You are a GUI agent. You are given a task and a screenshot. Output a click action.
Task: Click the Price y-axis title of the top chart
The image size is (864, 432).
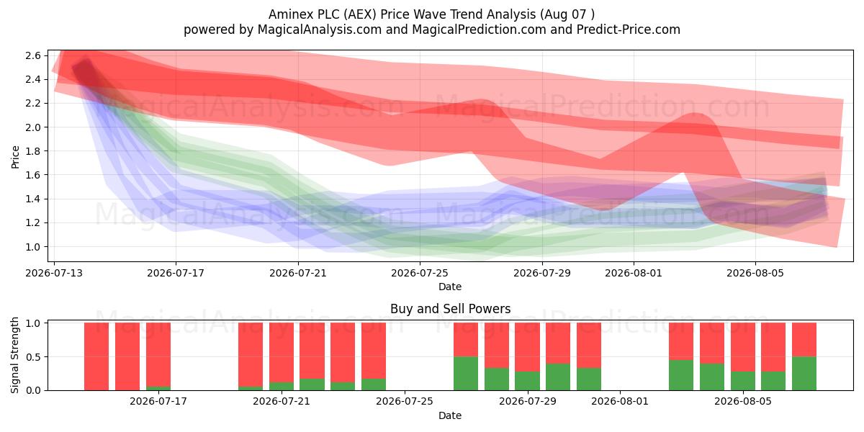pos(15,157)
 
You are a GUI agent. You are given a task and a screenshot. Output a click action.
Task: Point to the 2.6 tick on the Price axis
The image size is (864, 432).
pos(33,56)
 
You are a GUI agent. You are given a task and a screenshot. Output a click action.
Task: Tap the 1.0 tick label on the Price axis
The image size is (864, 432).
pos(33,247)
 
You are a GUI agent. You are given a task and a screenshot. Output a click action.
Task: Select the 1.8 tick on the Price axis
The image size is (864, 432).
pos(33,151)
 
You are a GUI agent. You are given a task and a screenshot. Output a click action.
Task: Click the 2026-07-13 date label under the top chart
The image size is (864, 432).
pos(54,273)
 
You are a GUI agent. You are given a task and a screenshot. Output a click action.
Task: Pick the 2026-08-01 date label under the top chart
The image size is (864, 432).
pos(634,273)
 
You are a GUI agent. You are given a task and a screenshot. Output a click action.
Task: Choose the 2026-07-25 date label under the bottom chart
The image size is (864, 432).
pos(405,401)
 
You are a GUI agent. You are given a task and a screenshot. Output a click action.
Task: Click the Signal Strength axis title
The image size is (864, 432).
pos(14,355)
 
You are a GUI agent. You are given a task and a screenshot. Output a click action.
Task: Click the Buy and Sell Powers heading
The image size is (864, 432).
pos(450,309)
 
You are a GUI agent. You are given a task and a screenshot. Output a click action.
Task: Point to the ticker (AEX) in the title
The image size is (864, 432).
pos(359,14)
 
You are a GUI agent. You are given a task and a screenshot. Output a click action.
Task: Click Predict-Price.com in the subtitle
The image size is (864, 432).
pos(629,30)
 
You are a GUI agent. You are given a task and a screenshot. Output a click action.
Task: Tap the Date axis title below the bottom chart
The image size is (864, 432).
pos(450,415)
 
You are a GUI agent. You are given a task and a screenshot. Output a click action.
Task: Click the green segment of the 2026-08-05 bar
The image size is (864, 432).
pos(743,381)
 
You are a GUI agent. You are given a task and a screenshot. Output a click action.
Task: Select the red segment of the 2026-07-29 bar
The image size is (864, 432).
pos(527,347)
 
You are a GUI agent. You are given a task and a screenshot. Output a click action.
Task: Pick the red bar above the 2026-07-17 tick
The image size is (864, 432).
pos(158,355)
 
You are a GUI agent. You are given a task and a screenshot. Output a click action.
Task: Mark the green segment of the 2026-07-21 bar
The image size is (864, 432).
pos(282,386)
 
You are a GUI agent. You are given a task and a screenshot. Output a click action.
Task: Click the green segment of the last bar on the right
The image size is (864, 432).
pos(804,374)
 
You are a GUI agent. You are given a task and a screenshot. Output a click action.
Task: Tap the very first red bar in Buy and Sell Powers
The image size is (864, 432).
pos(96,356)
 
